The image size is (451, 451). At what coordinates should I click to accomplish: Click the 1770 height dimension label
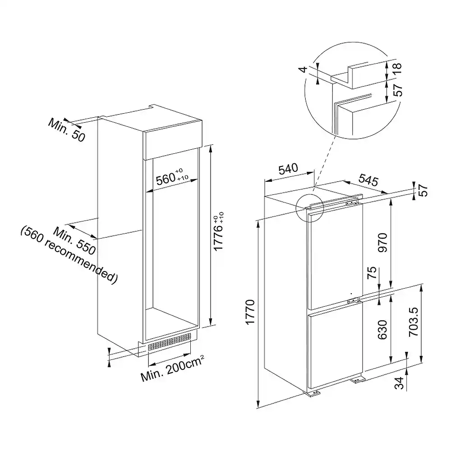250,312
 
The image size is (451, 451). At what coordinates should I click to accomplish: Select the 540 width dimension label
288,169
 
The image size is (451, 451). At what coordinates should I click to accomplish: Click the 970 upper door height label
382,243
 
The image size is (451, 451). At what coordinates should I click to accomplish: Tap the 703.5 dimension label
413,322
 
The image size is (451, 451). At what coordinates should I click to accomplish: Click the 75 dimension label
372,272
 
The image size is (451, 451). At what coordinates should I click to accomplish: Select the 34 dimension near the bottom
399,383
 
